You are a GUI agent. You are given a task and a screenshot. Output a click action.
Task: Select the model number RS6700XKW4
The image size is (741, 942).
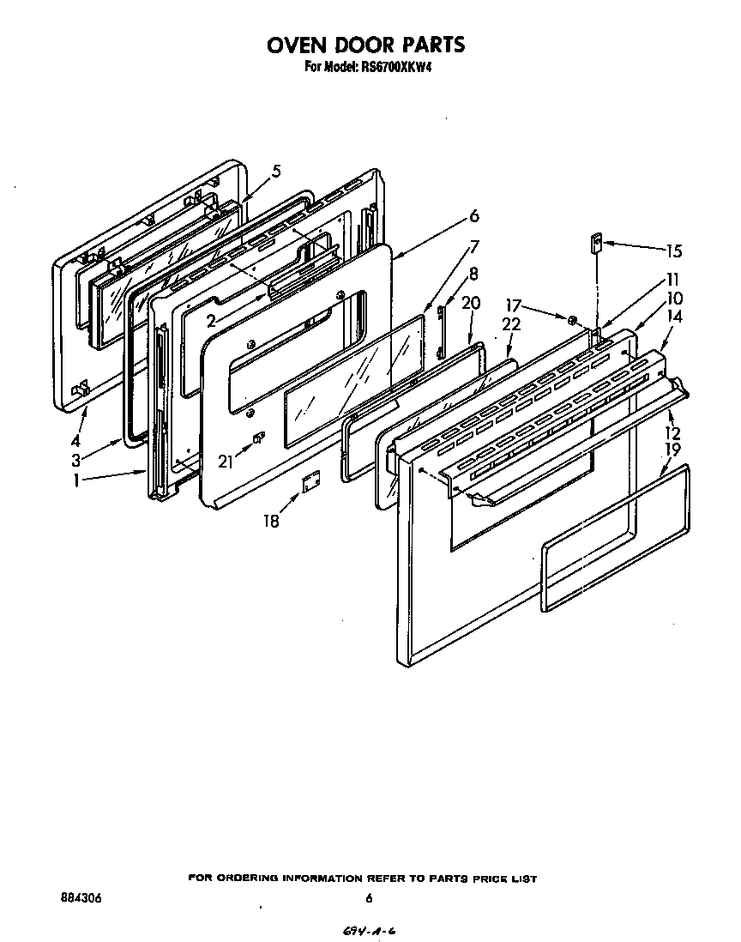pyautogui.click(x=390, y=66)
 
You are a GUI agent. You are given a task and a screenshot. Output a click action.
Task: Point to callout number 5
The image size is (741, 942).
pyautogui.click(x=276, y=172)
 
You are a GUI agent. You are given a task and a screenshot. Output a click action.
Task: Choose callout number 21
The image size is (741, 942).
pyautogui.click(x=226, y=462)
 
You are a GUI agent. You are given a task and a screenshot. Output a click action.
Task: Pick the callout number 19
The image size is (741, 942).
pyautogui.click(x=672, y=449)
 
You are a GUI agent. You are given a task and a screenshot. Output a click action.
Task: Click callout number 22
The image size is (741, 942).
pyautogui.click(x=511, y=323)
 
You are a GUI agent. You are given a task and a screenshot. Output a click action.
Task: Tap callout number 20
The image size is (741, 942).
pyautogui.click(x=471, y=303)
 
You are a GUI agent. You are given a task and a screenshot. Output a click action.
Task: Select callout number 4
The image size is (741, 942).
pyautogui.click(x=76, y=420)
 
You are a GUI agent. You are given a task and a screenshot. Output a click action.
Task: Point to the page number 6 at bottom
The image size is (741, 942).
pyautogui.click(x=369, y=898)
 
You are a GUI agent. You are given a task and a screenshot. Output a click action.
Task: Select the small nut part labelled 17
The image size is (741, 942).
pyautogui.click(x=571, y=320)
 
